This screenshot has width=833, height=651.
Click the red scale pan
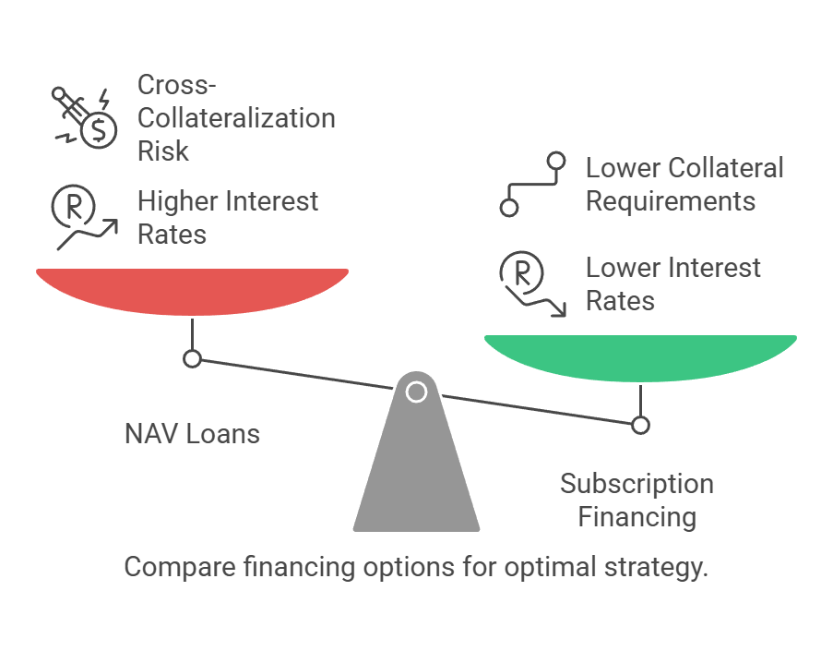tap(192, 290)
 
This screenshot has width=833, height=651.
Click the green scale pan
tap(641, 356)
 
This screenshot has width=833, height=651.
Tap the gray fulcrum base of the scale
tap(417, 463)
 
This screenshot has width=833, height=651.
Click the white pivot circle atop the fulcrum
tap(417, 392)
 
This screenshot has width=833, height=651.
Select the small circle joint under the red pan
tap(192, 359)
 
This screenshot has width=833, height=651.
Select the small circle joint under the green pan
tap(641, 426)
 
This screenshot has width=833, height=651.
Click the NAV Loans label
tap(192, 434)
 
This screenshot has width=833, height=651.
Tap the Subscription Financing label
tap(637, 500)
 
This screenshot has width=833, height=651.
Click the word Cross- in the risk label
tap(177, 85)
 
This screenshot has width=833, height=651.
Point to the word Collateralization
tap(236, 118)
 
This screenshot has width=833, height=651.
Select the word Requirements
tap(671, 202)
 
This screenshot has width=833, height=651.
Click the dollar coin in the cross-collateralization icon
tap(100, 130)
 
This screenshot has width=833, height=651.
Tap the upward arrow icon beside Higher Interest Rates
tap(88, 235)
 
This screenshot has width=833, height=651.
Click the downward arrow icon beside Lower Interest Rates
tap(535, 301)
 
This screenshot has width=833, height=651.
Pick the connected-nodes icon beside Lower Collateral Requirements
tap(533, 185)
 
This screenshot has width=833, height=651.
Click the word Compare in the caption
tap(180, 568)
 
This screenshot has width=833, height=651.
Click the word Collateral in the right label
tap(726, 168)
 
